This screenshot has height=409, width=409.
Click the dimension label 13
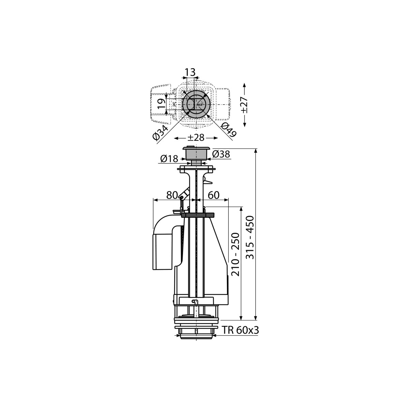190,72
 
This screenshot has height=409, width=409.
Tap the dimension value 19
162,104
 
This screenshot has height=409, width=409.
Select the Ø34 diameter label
161,133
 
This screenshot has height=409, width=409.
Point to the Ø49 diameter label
228,130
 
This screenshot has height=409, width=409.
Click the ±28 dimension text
196,138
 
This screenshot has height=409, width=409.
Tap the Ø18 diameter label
169,159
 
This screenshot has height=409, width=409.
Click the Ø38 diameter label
221,154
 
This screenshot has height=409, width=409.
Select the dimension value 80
172,195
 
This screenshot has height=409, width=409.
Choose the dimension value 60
213,195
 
